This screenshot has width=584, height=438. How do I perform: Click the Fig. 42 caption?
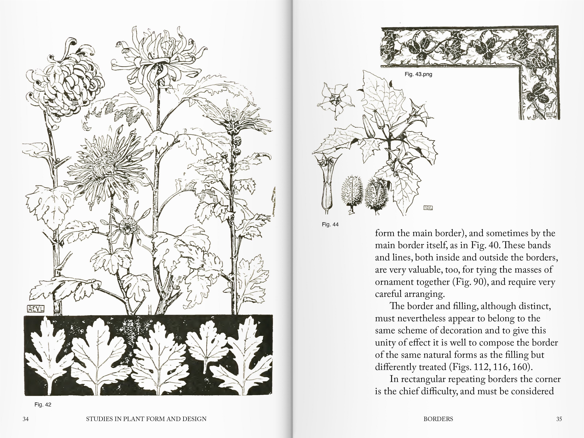click(x=43, y=404)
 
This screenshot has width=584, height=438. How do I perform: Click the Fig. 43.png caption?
click(x=418, y=74)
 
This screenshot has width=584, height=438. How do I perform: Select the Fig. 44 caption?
click(x=330, y=224)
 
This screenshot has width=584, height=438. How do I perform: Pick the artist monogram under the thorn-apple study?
click(x=428, y=208)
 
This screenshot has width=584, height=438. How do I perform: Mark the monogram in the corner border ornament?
click(x=550, y=114)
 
